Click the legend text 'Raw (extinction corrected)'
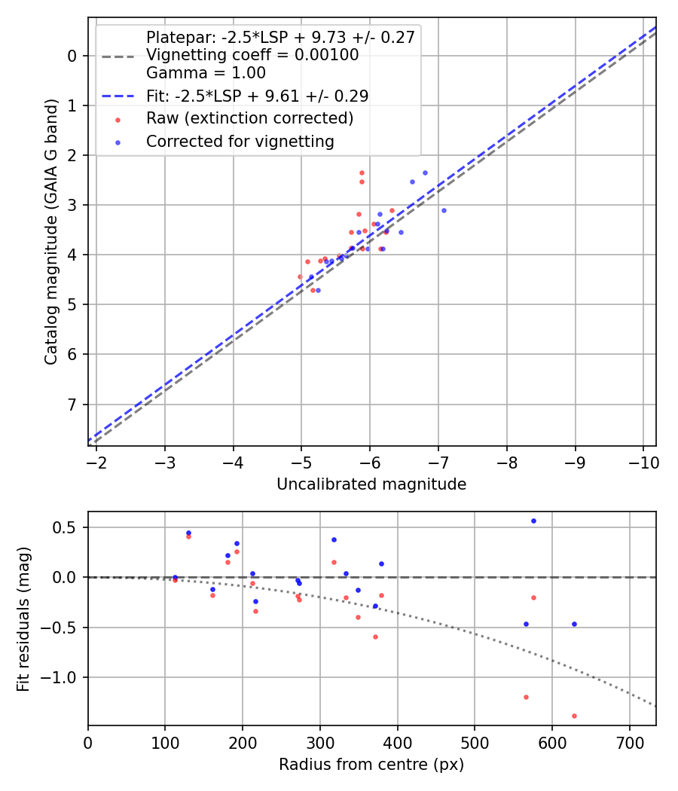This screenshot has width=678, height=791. pos(249,118)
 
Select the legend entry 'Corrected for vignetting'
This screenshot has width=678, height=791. pos(240,141)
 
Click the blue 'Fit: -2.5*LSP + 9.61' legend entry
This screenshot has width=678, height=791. pos(257,96)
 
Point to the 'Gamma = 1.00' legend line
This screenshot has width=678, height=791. pos(206,73)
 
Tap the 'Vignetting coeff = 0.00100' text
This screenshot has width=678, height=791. pos(252,55)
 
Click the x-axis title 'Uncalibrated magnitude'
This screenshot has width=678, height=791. pos(371,484)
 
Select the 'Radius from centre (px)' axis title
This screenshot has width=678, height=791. pos(371,765)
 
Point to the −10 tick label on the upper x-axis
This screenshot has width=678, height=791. pos(643,463)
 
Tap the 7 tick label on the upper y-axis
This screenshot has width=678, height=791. pos(72,405)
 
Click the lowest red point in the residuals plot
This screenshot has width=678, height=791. pos(574,716)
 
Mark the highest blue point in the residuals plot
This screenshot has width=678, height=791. pos(533,521)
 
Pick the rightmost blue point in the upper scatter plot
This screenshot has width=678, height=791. pos(444,210)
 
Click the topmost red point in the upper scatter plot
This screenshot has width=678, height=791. pos(362,173)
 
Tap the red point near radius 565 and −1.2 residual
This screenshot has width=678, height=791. pos(526,697)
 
